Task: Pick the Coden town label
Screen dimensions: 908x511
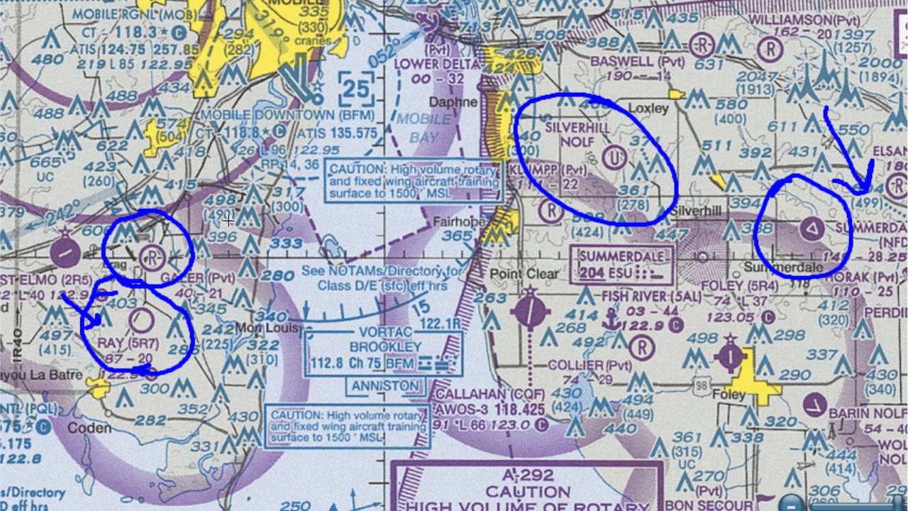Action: pyautogui.click(x=89, y=428)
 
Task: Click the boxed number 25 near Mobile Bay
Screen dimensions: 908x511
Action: pyautogui.click(x=355, y=89)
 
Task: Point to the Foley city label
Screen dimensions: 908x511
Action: pyautogui.click(x=729, y=395)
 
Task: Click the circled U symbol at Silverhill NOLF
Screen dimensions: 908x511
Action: pyautogui.click(x=616, y=155)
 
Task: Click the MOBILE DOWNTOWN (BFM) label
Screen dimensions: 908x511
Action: pyautogui.click(x=277, y=115)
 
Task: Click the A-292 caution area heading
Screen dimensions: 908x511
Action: pyautogui.click(x=528, y=476)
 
